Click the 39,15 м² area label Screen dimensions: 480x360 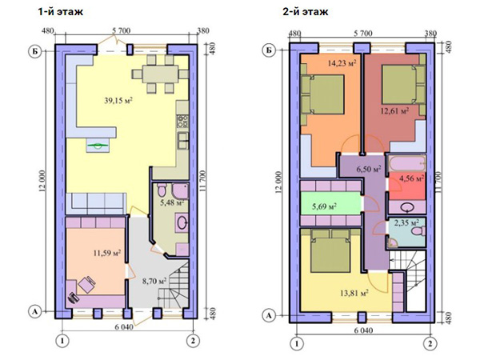[x=118, y=101]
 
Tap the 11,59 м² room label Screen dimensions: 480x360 [x=107, y=253]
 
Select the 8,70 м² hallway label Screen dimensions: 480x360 [x=154, y=281]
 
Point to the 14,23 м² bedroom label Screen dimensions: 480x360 [x=342, y=63]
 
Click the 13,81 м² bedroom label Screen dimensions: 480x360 [x=354, y=293]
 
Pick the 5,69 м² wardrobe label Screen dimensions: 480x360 [x=325, y=206]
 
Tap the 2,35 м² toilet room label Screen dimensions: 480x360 [x=406, y=223]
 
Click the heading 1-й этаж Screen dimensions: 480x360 [x=60, y=12]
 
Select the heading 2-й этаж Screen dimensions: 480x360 [x=306, y=12]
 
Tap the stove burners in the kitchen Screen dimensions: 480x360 [x=183, y=121]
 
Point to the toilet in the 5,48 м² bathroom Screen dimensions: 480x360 [x=162, y=190]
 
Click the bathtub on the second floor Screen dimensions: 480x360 [x=407, y=164]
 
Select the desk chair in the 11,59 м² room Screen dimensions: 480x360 [x=86, y=284]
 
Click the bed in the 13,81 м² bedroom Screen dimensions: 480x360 [x=330, y=250]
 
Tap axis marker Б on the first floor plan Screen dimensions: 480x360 [x=35, y=51]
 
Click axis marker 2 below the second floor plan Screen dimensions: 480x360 [x=430, y=344]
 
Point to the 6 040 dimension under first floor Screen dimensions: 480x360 [x=124, y=327]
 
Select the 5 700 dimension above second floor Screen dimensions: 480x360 [x=363, y=33]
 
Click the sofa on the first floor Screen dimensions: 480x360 [x=97, y=203]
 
